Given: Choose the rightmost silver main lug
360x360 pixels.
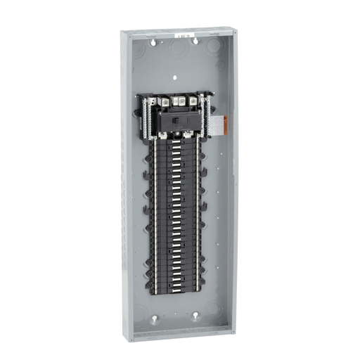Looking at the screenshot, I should [x=192, y=101].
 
